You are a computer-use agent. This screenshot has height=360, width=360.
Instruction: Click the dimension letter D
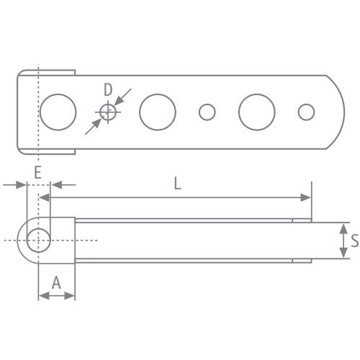(107, 90)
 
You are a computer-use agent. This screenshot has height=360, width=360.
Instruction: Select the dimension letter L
(178, 184)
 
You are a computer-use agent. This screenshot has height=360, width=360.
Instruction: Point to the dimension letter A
(56, 282)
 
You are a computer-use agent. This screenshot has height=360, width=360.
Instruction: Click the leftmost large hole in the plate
(58, 112)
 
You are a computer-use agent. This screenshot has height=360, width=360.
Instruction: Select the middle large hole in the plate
(158, 112)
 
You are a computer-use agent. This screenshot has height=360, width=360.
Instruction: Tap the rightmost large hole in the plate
(257, 112)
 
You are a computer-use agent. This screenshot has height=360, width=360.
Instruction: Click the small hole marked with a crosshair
(108, 112)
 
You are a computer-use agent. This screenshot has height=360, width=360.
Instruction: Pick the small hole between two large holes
(207, 112)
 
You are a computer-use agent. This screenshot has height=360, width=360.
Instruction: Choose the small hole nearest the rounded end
(307, 112)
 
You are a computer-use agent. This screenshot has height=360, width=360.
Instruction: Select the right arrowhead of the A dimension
(71, 295)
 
